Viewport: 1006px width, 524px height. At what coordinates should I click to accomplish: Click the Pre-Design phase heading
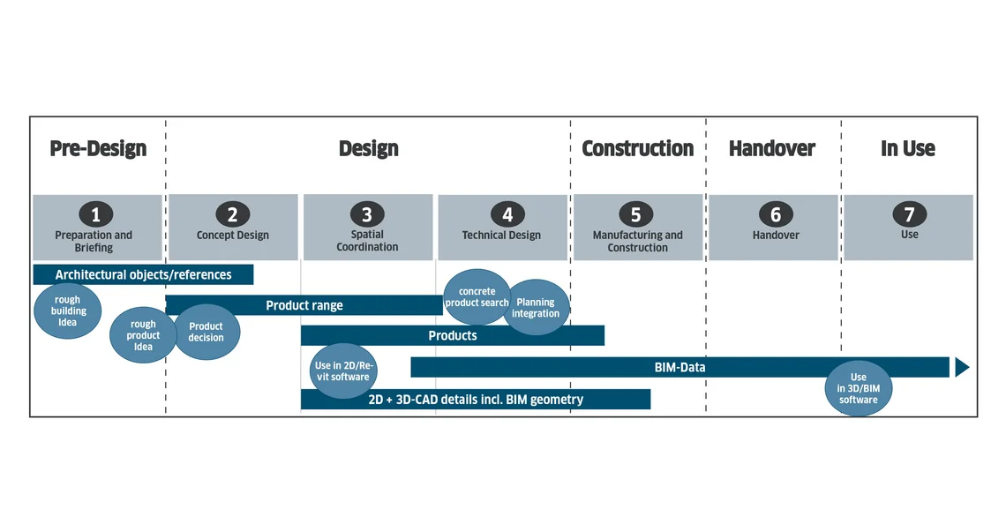tap(98, 149)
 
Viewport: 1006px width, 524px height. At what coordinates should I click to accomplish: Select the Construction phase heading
tap(638, 149)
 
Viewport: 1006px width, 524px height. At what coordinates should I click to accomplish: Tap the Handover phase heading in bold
tap(772, 149)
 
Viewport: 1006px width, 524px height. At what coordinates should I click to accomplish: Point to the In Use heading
tap(908, 149)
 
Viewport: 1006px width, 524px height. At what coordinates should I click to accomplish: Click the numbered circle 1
tap(96, 214)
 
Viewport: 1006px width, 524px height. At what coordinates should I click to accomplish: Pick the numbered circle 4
tap(507, 214)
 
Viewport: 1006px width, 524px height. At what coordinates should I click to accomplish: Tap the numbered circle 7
tap(909, 213)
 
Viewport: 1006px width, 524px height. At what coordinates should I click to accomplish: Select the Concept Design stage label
tap(233, 236)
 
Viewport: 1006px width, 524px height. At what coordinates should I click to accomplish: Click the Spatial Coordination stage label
tap(368, 241)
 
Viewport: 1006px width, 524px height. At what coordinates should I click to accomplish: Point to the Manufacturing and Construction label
tap(638, 241)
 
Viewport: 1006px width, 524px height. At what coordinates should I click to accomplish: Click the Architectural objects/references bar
tap(143, 274)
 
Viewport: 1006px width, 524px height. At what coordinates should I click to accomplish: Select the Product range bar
tap(304, 305)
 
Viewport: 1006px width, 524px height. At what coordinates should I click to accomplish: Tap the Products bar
tap(453, 335)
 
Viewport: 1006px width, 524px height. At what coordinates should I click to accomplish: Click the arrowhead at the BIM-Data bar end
tap(962, 368)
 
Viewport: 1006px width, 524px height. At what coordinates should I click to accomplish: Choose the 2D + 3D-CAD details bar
tap(476, 399)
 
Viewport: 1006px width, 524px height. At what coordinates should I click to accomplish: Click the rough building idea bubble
tap(67, 311)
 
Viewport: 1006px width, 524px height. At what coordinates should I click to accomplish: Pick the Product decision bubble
tap(206, 332)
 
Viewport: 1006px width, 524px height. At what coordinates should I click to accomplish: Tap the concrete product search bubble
tap(477, 297)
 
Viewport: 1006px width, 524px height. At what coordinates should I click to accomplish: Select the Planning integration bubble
tap(536, 307)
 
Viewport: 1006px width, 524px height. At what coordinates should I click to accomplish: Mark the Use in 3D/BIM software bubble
tap(859, 388)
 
